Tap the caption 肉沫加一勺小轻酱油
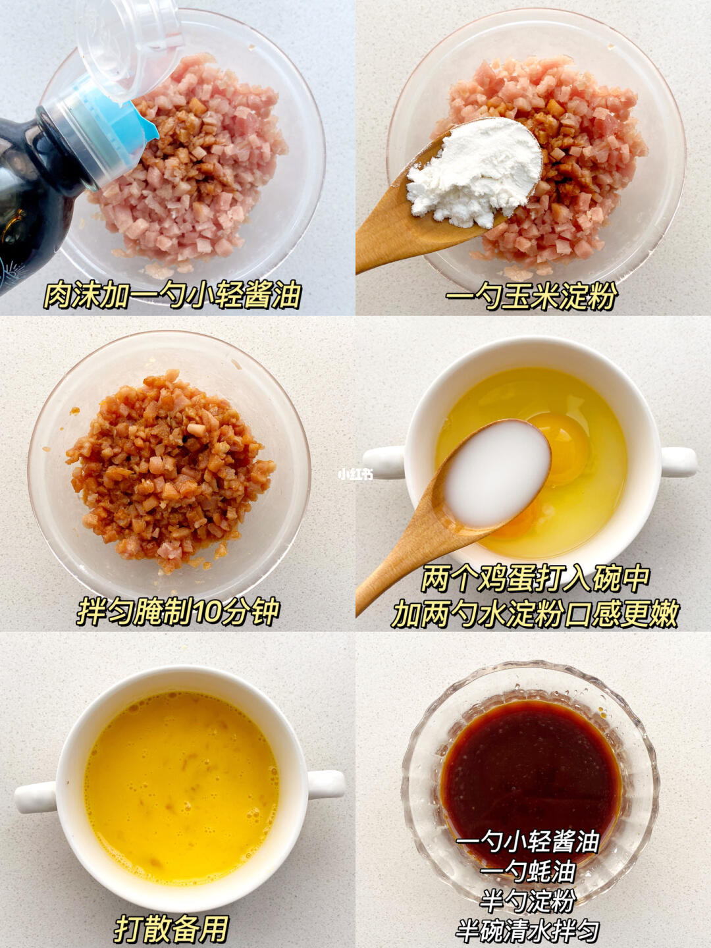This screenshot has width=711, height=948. pyautogui.click(x=172, y=296)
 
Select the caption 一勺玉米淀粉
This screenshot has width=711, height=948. pyautogui.click(x=531, y=297)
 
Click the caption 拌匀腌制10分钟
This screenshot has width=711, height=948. pyautogui.click(x=178, y=612)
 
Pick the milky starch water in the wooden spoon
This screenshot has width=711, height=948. pyautogui.click(x=497, y=473)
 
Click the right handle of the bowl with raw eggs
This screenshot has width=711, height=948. pyautogui.click(x=678, y=462)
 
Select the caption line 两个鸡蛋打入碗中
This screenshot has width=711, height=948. pyautogui.click(x=535, y=579)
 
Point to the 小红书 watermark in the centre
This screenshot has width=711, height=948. pyautogui.click(x=355, y=474)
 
